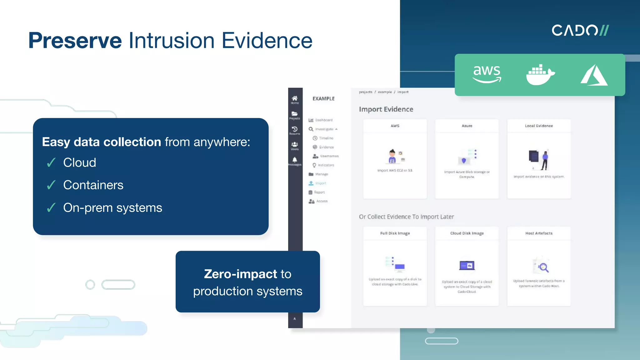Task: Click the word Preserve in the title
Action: pyautogui.click(x=75, y=41)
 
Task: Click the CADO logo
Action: pyautogui.click(x=580, y=30)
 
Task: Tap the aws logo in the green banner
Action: pyautogui.click(x=487, y=74)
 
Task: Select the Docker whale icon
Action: pyautogui.click(x=540, y=75)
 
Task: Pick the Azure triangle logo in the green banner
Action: pyautogui.click(x=594, y=75)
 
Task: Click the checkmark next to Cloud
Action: pyautogui.click(x=51, y=163)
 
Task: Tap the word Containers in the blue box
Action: pyautogui.click(x=93, y=185)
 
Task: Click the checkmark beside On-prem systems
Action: pyautogui.click(x=51, y=208)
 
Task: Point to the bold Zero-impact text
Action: pyautogui.click(x=240, y=274)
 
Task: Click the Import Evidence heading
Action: pyautogui.click(x=386, y=109)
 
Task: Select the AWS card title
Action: pyautogui.click(x=395, y=126)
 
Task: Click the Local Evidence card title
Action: pyautogui.click(x=539, y=126)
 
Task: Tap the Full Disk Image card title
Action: pyautogui.click(x=395, y=233)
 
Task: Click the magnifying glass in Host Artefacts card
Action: pyautogui.click(x=543, y=267)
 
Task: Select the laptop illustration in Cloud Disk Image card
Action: pyautogui.click(x=467, y=266)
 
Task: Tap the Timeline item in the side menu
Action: pyautogui.click(x=326, y=138)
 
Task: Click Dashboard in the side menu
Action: pyautogui.click(x=323, y=120)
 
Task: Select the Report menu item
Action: pyautogui.click(x=319, y=192)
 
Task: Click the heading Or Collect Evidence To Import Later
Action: pyautogui.click(x=406, y=217)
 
